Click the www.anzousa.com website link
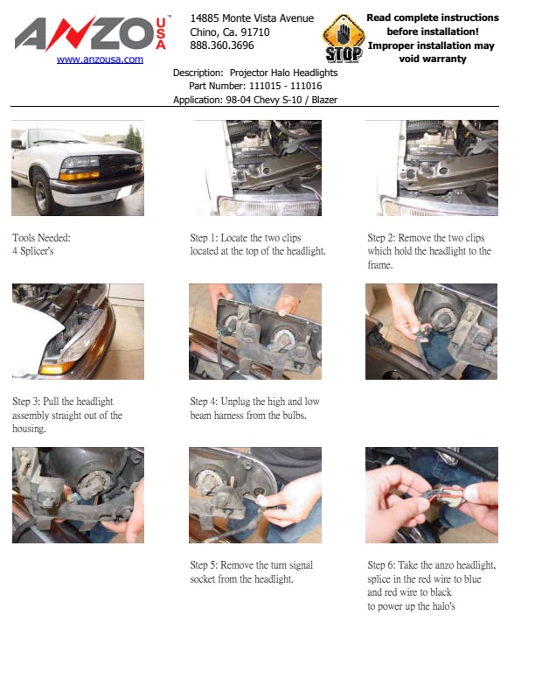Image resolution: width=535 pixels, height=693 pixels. [x=100, y=59]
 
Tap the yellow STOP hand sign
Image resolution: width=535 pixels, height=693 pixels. [x=344, y=38]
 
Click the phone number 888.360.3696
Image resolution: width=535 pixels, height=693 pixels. [x=222, y=45]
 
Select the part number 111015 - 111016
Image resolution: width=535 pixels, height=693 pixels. [x=285, y=86]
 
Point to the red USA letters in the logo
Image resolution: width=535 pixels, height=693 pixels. [x=161, y=33]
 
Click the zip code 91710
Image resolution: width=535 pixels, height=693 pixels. [x=255, y=32]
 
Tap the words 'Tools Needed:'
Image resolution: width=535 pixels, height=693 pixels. [x=41, y=238]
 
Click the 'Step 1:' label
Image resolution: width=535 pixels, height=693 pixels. [x=204, y=238]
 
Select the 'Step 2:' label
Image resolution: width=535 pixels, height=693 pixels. [x=382, y=238]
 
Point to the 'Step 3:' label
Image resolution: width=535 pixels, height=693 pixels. [x=26, y=402]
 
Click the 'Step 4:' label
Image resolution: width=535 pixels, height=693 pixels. [x=204, y=402]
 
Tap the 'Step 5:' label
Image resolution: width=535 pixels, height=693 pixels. [x=204, y=565]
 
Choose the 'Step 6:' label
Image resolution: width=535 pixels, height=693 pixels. [x=382, y=565]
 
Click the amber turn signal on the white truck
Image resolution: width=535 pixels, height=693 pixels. [x=80, y=176]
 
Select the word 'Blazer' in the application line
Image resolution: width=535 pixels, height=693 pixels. [x=324, y=100]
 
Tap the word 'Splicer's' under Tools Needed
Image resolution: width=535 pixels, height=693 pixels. [x=37, y=251]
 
